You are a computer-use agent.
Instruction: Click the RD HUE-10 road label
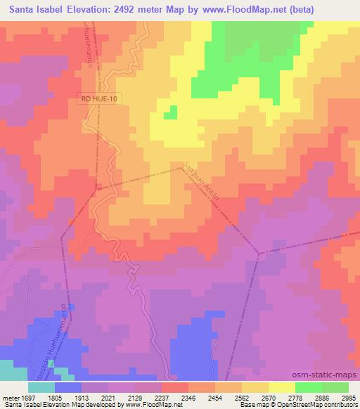(x=99, y=100)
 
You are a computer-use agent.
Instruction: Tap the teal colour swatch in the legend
(x=41, y=387)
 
